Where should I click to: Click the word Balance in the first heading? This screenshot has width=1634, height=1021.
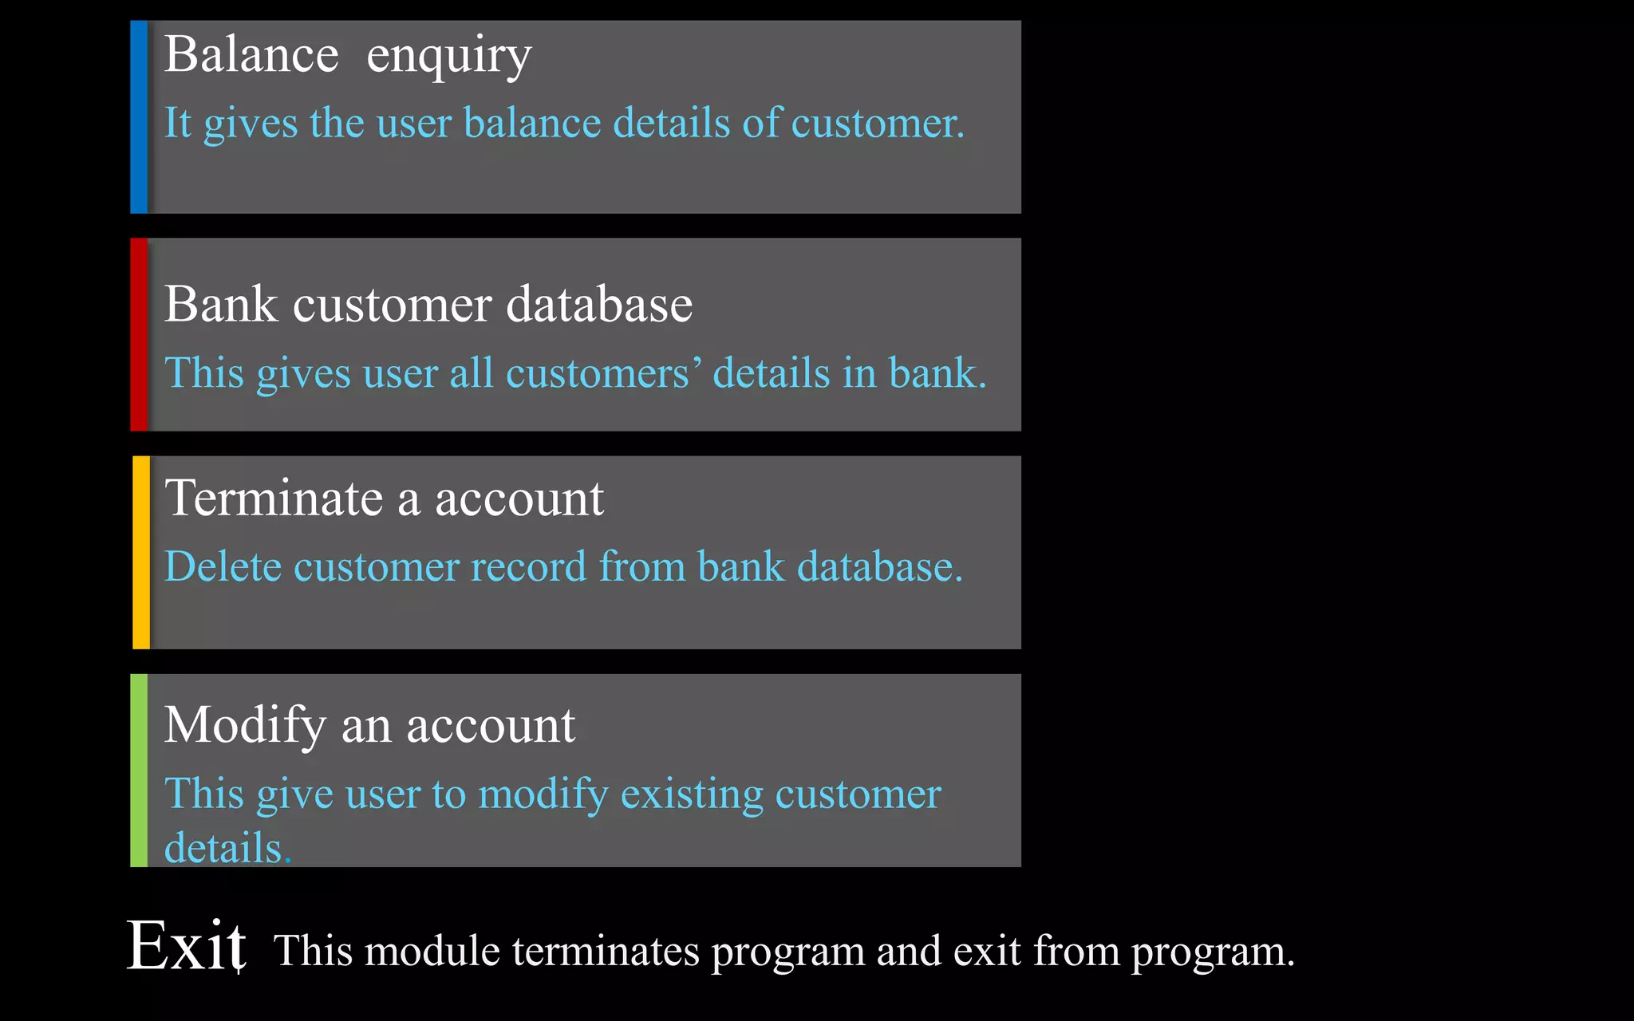251,55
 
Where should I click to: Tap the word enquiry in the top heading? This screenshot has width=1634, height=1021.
448,57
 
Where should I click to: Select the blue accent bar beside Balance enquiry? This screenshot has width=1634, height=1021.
139,117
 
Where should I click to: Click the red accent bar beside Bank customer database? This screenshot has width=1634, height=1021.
139,334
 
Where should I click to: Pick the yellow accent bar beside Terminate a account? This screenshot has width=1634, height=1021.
141,552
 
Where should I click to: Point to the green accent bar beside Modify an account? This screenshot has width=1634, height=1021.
139,770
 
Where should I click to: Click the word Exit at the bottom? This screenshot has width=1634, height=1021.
187,947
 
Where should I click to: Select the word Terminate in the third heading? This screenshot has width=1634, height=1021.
274,499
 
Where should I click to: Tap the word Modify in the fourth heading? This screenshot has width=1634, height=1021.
245,726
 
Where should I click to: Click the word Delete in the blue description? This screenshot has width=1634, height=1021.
223,567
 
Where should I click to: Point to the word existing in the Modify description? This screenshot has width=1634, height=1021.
691,794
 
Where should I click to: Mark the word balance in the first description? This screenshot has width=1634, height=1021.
532,124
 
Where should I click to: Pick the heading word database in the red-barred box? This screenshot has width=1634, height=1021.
599,305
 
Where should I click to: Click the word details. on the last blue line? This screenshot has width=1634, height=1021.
227,847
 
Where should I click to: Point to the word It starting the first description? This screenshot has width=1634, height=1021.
177,124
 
